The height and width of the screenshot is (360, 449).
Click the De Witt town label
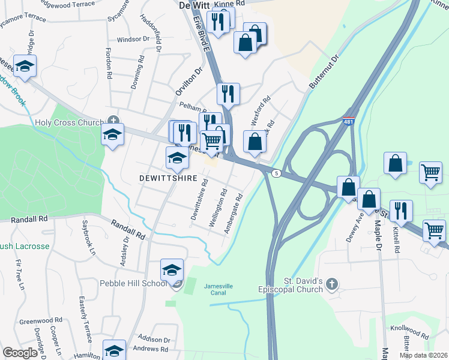point(194,5)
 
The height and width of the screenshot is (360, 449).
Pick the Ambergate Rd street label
point(233,214)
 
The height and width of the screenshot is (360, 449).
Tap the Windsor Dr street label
point(133,40)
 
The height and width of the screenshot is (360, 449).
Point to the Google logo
point(20,353)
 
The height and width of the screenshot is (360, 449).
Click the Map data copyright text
point(424,355)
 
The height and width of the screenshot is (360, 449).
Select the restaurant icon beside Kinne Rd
point(218,22)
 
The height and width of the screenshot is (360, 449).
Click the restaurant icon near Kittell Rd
point(401,211)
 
